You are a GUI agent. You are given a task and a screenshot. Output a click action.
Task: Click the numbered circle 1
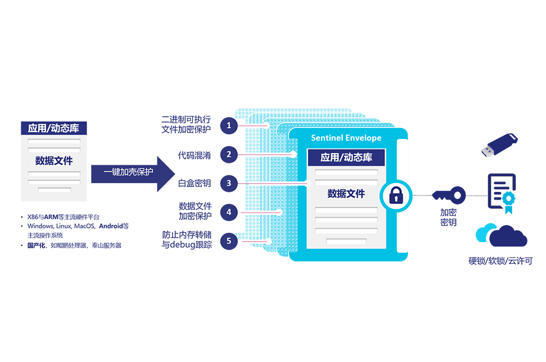pos(229,125)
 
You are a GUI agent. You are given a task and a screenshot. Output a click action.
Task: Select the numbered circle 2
pos(229,154)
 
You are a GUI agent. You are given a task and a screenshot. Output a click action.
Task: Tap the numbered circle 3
pos(229,183)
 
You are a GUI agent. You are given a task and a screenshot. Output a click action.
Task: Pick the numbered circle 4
pos(229,212)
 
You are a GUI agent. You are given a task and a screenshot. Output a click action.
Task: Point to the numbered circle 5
pos(229,240)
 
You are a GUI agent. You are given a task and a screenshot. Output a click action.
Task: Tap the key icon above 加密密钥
pos(449,194)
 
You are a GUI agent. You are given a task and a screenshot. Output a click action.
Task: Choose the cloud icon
pos(502,236)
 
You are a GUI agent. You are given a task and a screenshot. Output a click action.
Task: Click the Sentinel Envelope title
pos(346,138)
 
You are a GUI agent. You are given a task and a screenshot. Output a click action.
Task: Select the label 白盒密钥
pos(194,183)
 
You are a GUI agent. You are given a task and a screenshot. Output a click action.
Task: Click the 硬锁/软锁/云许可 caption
pos(500,261)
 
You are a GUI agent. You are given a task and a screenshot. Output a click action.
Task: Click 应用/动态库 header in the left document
pos(54,128)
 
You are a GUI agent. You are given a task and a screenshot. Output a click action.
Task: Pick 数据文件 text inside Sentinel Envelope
pos(346,194)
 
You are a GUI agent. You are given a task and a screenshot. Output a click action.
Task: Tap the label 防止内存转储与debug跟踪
pos(191,240)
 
